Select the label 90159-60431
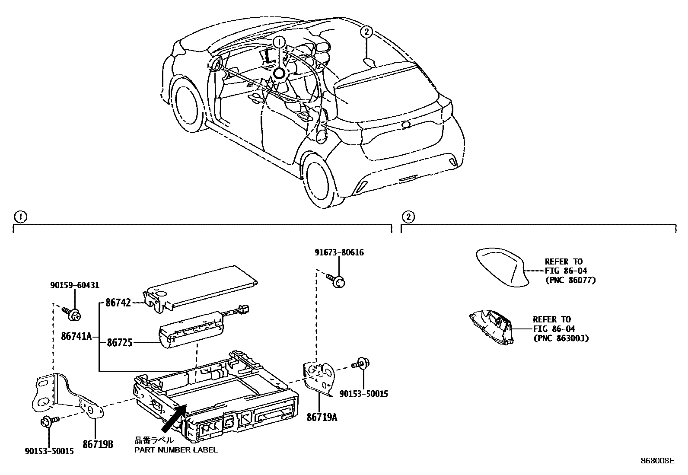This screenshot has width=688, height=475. coord(75,285)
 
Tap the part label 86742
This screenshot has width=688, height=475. coord(118,303)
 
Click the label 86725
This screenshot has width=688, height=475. coord(119,343)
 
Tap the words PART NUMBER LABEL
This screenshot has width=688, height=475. coord(175,450)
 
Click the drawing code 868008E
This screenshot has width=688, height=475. coord(657,461)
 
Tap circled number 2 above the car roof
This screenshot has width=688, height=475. coord(366,32)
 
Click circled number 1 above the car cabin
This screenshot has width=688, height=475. coord(279,41)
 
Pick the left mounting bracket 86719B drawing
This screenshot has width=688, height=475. coord(65,395)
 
